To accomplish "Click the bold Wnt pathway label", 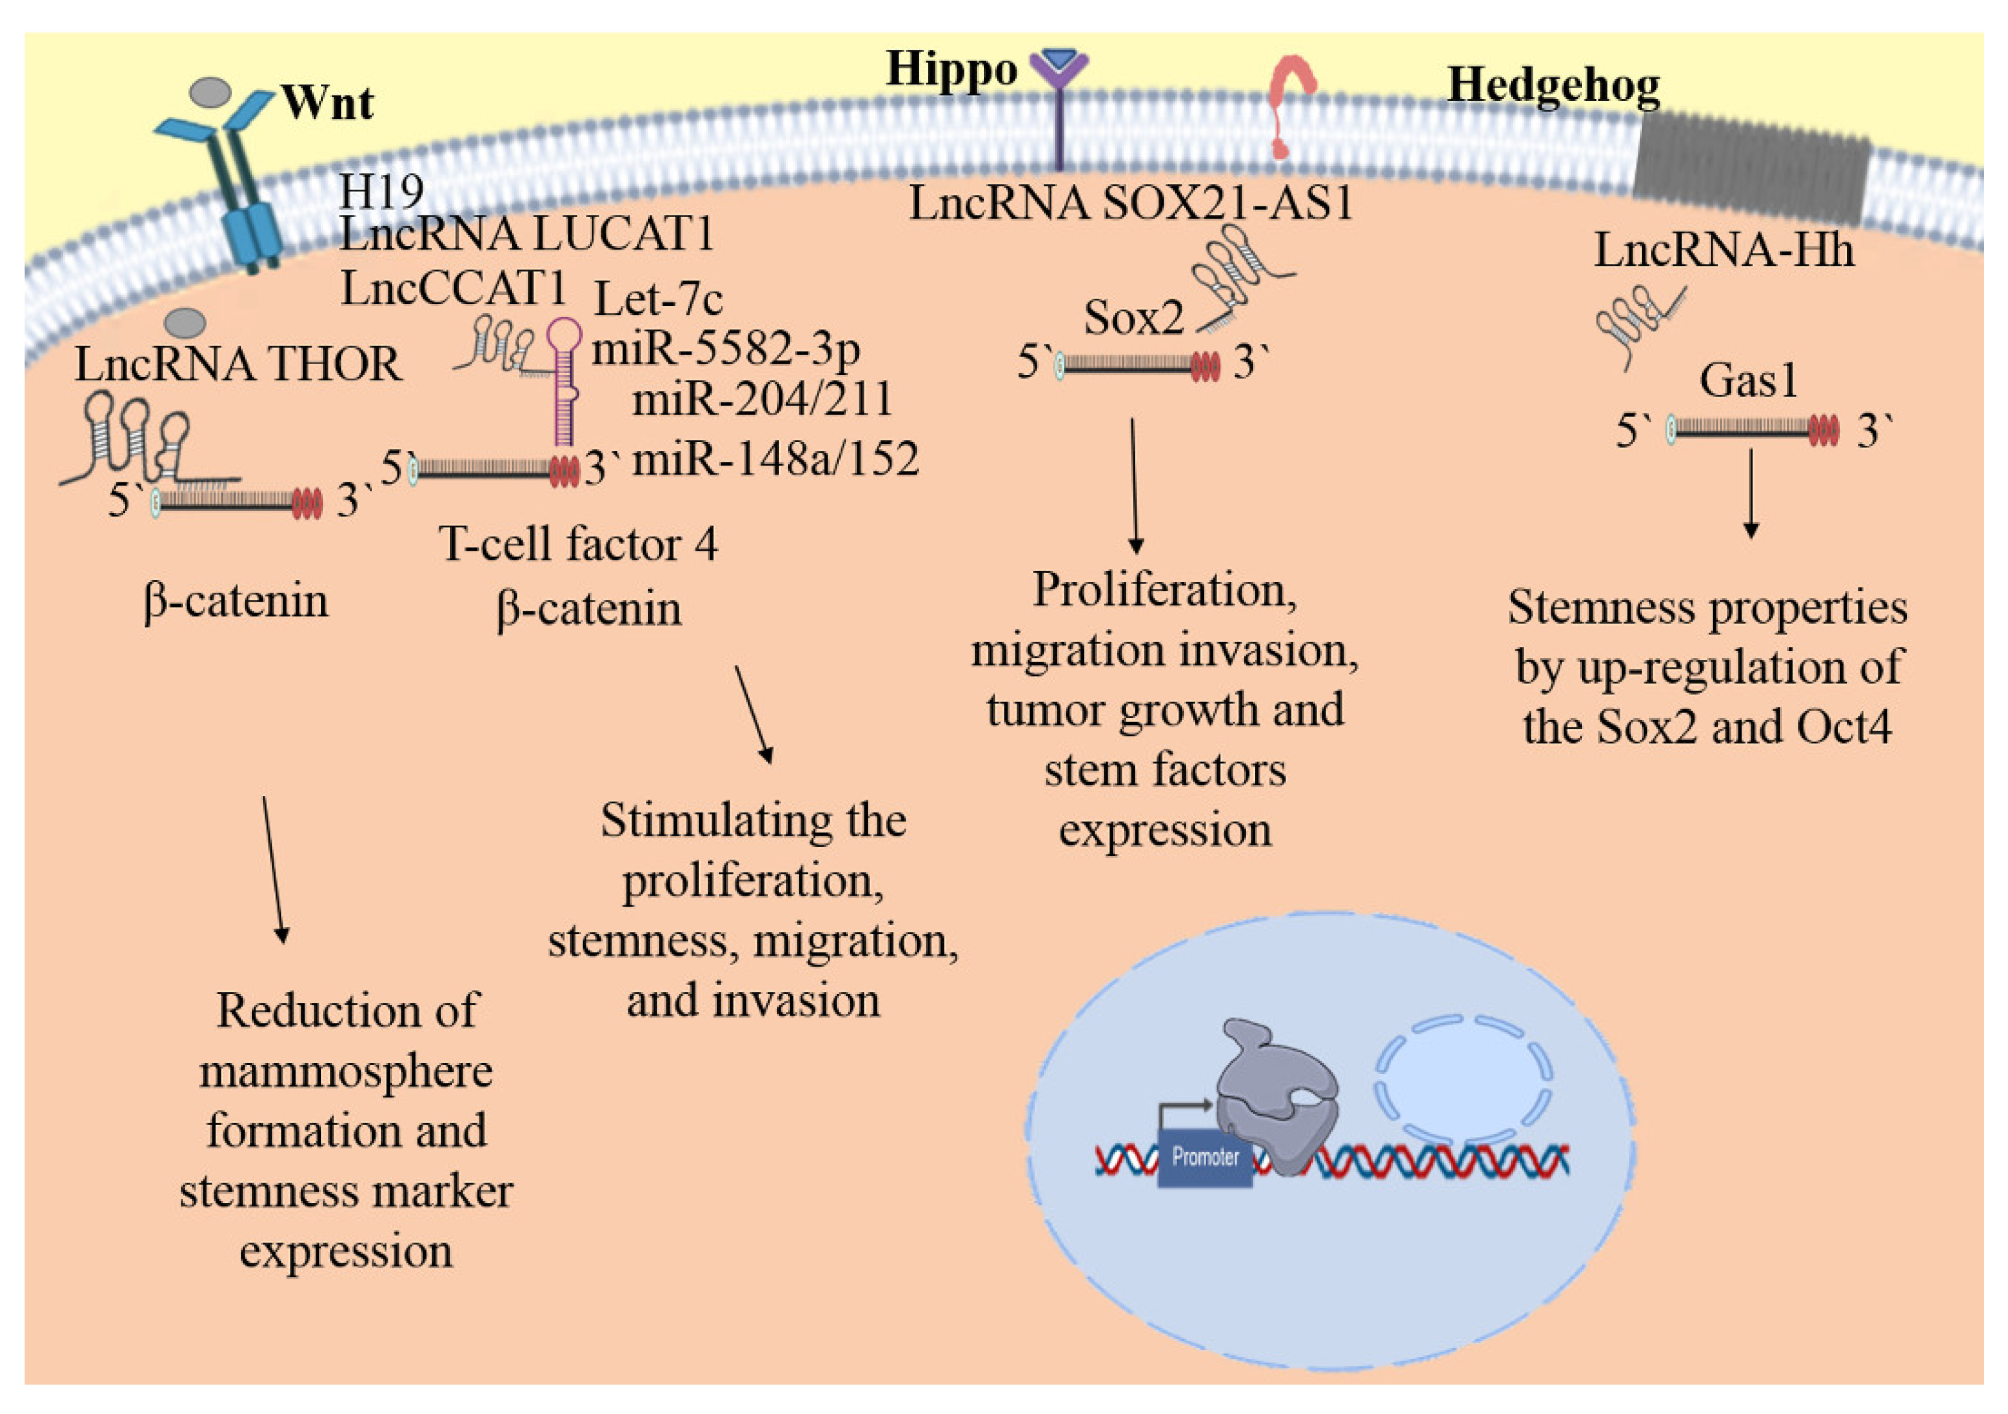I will click(327, 103).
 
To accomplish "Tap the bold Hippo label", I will click(952, 68).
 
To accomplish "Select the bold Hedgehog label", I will click(1553, 86).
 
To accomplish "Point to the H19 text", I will click(381, 191).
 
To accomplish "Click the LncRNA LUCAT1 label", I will click(526, 235).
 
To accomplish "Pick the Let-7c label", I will click(658, 300).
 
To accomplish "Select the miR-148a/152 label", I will click(775, 459).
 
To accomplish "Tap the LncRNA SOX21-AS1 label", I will click(1131, 203).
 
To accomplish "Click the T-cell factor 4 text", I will click(578, 544).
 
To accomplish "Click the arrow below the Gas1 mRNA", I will click(1751, 494).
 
